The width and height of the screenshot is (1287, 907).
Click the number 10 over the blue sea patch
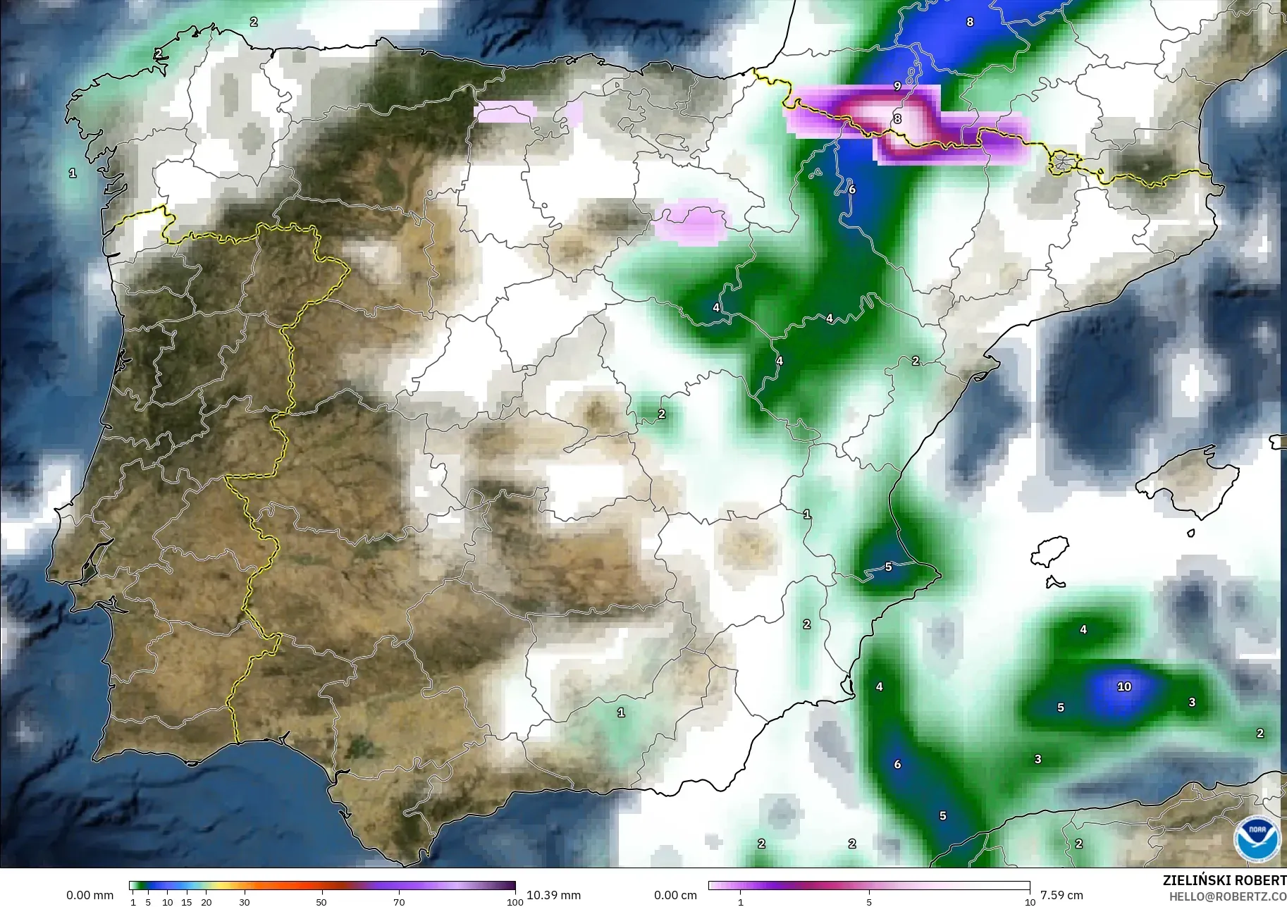[x=1123, y=686]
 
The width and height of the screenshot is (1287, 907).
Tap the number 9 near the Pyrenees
[x=897, y=86]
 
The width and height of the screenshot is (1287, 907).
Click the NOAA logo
[x=1257, y=838]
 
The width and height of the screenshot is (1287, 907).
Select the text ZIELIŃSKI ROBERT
[x=1224, y=880]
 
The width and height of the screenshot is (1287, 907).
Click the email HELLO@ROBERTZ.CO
[x=1227, y=896]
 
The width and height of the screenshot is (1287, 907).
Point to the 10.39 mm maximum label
[x=553, y=895]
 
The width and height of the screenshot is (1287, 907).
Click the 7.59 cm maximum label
[x=1061, y=895]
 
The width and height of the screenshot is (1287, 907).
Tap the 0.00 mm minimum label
[x=90, y=895]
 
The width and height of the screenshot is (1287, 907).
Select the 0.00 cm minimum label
[x=675, y=895]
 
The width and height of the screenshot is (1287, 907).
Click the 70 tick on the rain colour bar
[x=399, y=902]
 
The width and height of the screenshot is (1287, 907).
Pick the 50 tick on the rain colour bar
[x=321, y=902]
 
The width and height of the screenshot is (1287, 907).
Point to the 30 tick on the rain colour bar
[x=245, y=902]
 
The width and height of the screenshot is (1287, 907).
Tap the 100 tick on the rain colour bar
[x=515, y=902]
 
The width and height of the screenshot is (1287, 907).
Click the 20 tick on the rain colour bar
[x=206, y=902]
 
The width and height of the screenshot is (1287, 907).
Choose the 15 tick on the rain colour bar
[x=187, y=902]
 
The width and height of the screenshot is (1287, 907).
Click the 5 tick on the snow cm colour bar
[x=869, y=902]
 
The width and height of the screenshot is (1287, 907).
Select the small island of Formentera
[x=1054, y=583]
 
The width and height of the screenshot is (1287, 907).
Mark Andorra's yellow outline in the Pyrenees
[x=1063, y=163]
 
